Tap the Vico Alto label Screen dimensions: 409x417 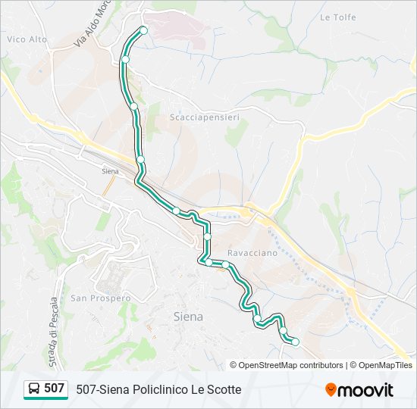(27, 39)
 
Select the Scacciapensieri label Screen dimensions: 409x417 (194, 117)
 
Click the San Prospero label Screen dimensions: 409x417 (94, 298)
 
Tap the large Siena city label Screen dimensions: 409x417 (188, 317)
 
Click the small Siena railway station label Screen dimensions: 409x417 (111, 171)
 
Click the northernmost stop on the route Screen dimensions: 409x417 (143, 30)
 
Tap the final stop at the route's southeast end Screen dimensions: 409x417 (296, 342)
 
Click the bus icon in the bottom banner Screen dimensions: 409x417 (34, 389)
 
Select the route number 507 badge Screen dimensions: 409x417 (54, 389)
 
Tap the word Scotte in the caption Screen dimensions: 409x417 (224, 389)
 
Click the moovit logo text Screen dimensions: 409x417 (367, 390)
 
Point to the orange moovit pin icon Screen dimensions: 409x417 (331, 390)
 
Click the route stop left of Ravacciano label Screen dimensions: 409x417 (207, 237)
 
